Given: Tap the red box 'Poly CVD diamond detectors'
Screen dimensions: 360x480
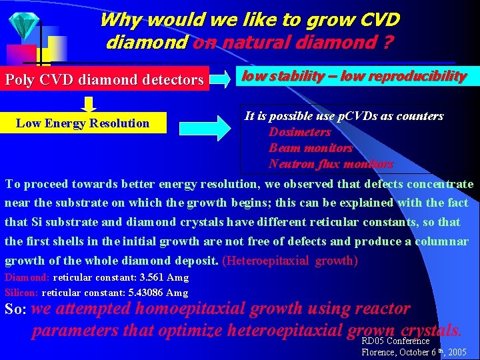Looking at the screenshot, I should [105, 80].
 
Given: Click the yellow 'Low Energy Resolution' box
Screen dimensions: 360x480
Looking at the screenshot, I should [83, 123].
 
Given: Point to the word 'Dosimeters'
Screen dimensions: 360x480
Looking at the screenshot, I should [299, 132].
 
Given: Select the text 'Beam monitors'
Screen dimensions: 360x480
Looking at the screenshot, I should [310, 148].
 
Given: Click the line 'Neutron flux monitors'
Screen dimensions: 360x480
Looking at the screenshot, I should [331, 164].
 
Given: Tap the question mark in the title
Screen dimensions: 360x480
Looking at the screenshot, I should [387, 43].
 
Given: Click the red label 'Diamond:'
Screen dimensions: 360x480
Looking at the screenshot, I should [27, 277].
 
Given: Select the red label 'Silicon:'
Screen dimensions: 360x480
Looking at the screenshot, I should [22, 293].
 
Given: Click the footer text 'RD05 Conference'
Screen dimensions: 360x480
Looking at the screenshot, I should [395, 341].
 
